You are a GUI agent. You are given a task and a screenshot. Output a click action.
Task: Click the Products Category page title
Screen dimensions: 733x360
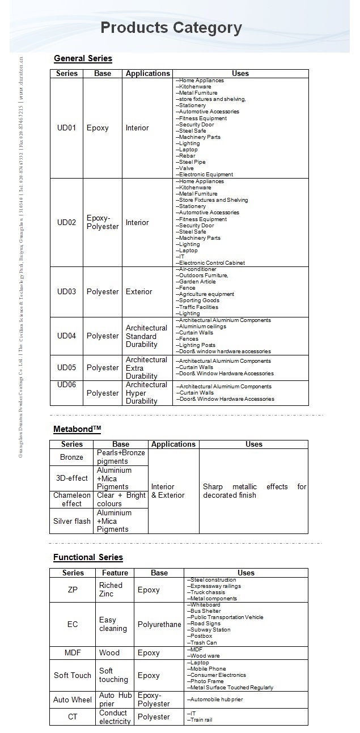171,28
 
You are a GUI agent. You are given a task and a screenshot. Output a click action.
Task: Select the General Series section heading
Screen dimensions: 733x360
83,58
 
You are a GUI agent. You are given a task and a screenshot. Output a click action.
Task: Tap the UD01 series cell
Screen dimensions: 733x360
66,128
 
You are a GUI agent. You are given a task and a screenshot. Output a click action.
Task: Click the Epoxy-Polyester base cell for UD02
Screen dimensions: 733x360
103,222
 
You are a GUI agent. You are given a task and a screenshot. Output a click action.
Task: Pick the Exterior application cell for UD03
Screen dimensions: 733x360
139,292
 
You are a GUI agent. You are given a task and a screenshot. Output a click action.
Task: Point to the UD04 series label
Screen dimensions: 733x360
66,336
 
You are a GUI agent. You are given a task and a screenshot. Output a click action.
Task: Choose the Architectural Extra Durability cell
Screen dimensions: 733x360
146,368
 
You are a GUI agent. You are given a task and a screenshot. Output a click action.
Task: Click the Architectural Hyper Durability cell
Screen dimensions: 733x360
146,393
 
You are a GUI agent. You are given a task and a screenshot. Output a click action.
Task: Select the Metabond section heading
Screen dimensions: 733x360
77,429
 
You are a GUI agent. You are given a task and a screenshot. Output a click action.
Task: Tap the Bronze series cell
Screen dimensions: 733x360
71,457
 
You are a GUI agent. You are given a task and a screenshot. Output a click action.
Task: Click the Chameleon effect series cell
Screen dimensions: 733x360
71,499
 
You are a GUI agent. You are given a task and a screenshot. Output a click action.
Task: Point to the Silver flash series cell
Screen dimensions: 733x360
71,521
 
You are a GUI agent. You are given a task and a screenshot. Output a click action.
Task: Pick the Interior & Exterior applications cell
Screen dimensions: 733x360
168,491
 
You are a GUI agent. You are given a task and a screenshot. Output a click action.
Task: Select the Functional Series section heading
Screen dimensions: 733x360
88,557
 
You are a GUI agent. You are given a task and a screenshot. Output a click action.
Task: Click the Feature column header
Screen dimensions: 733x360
115,573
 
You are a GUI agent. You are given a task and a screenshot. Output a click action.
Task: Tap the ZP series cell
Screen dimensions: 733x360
73,590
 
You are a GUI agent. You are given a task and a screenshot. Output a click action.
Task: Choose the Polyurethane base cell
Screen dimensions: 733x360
159,624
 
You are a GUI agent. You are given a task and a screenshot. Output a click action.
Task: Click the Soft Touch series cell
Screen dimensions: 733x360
73,675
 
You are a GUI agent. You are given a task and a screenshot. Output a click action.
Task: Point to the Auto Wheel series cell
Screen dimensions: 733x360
73,700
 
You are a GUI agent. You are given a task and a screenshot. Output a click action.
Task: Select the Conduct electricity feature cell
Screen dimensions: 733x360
115,717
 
